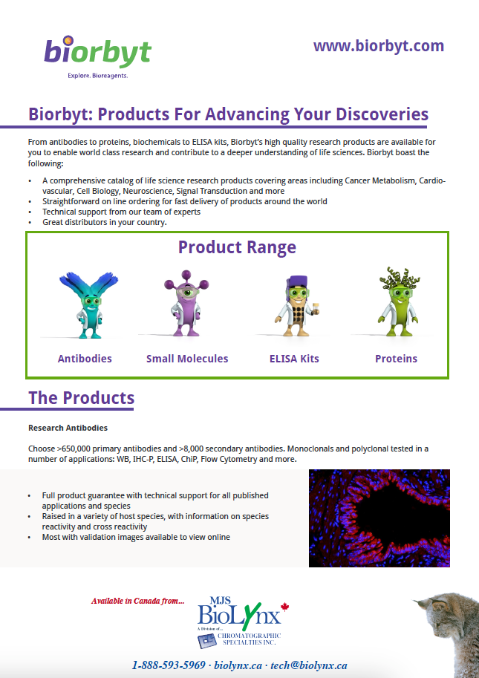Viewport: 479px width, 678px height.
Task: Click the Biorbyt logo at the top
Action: click(98, 57)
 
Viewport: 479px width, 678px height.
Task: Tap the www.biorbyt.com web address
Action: click(379, 46)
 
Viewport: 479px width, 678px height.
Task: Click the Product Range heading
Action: click(237, 247)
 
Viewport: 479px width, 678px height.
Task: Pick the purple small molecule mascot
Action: click(186, 303)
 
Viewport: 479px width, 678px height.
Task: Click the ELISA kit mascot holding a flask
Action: click(298, 306)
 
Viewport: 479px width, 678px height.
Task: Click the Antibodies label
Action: click(85, 359)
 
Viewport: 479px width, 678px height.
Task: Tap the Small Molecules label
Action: click(187, 359)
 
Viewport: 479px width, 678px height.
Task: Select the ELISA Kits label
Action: click(294, 359)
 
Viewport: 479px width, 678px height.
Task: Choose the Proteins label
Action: click(396, 359)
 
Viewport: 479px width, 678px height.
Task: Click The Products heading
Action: click(81, 398)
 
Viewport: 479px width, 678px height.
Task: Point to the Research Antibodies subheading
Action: click(68, 428)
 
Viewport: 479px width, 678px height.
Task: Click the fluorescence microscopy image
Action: click(379, 518)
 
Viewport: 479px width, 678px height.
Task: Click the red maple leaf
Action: click(284, 607)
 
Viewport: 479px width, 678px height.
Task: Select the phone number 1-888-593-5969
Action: click(169, 665)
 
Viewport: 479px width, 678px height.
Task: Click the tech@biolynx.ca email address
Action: click(309, 665)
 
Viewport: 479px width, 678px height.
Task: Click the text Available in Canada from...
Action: click(138, 601)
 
